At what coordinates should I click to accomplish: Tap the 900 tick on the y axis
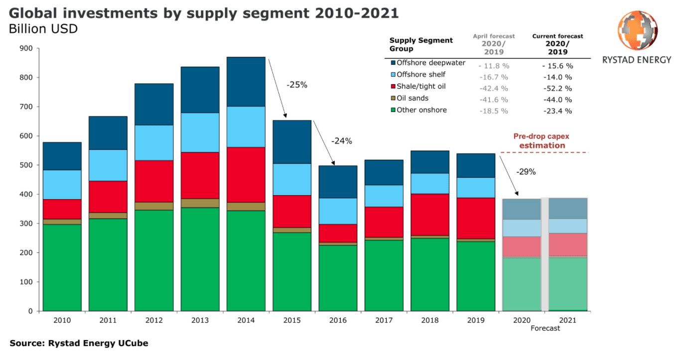26,49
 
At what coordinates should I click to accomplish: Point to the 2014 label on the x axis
246,320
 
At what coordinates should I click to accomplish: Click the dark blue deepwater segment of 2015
292,142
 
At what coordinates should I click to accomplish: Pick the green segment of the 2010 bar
62,267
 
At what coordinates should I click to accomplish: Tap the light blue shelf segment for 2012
154,142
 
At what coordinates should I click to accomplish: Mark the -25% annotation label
297,85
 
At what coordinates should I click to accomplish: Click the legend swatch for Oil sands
393,99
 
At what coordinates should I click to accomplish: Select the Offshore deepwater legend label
431,63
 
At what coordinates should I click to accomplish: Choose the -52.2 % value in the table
557,89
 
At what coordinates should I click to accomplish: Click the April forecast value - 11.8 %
493,66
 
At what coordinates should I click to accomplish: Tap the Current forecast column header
557,44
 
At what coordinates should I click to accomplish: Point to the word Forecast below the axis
545,328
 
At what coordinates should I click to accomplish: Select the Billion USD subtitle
43,29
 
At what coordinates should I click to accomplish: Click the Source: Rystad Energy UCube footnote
79,343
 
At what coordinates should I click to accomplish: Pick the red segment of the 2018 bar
430,214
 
